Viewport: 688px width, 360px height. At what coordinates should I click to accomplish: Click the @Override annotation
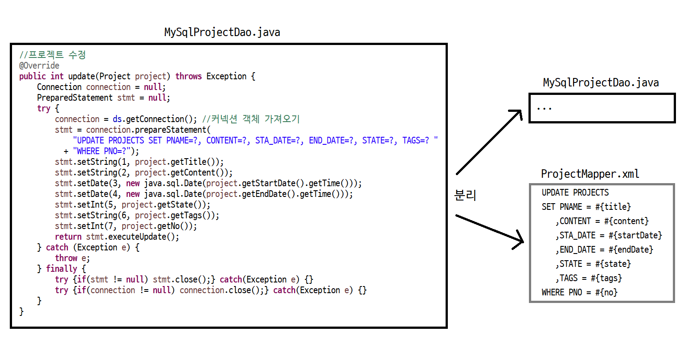pos(39,65)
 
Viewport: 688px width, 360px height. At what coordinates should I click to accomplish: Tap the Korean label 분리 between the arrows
pos(465,195)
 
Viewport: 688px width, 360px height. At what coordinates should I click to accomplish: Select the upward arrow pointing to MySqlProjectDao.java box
pos(489,142)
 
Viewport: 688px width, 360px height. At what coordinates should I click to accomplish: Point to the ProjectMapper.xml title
pos(590,174)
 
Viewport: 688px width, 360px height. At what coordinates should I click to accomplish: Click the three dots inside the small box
pos(545,108)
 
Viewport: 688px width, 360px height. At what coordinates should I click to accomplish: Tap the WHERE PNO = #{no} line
pos(579,292)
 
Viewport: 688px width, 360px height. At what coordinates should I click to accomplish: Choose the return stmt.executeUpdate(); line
pos(117,237)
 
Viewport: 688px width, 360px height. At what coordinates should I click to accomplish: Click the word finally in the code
pos(61,269)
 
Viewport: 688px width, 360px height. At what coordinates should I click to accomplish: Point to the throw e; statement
pos(72,258)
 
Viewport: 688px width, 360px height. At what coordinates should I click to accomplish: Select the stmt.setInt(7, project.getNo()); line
pos(126,226)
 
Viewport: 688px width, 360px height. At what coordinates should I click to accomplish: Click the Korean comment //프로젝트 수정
pos(53,55)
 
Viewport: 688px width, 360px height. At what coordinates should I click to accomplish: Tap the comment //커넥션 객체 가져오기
pos(251,119)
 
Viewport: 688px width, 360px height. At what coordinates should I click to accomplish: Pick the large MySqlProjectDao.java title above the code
pos(222,32)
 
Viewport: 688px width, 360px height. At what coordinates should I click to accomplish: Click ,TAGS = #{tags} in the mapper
pos(588,278)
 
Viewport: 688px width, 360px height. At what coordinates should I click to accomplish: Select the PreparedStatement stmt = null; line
pos(103,98)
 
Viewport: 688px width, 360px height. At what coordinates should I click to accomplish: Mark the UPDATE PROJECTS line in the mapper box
pos(575,192)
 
